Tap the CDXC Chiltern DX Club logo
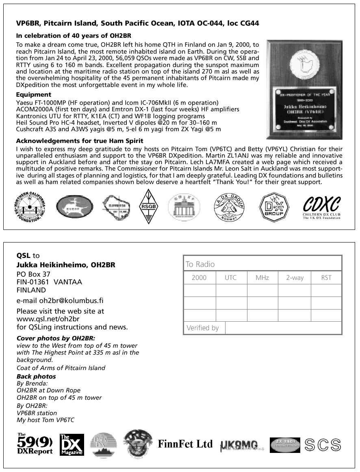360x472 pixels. click(321, 207)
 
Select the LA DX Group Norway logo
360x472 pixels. click(230, 207)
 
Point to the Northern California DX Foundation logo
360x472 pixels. click(30, 207)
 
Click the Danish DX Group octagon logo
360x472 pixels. click(274, 207)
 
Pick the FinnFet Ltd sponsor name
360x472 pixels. click(185, 444)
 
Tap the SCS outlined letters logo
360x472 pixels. click(323, 445)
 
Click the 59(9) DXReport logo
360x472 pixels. click(35, 444)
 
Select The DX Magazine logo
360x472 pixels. click(72, 445)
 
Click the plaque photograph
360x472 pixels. click(304, 89)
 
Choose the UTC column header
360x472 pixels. click(231, 278)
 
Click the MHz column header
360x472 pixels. click(262, 278)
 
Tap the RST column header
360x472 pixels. click(326, 278)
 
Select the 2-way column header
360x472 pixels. click(295, 278)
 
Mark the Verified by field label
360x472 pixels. click(202, 328)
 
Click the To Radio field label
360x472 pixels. click(200, 264)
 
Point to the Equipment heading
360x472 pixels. click(33, 95)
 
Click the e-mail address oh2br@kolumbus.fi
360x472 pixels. click(60, 301)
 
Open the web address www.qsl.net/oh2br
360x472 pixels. click(48, 319)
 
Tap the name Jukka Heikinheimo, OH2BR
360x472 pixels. click(66, 265)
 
